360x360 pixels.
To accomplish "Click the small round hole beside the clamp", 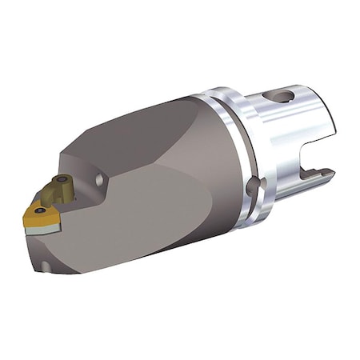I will point(98,182).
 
